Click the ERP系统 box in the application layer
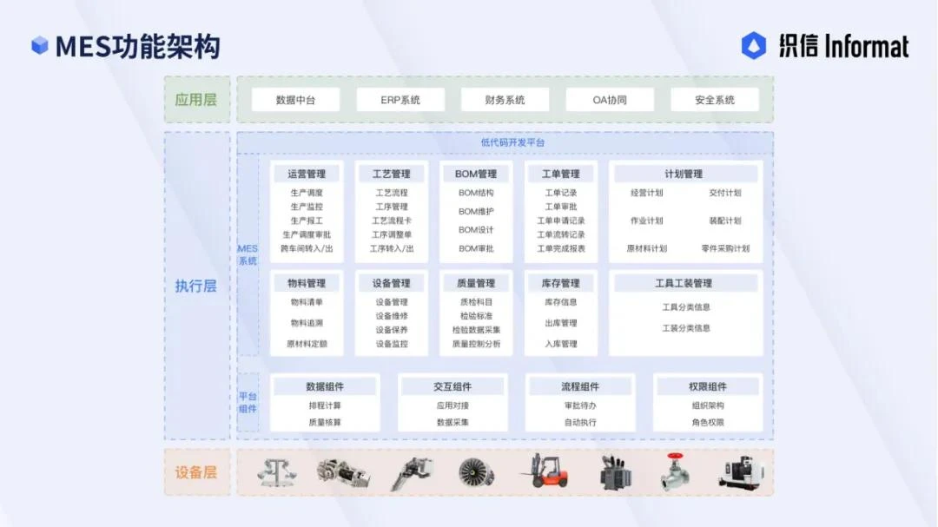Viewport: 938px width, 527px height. pos(400,100)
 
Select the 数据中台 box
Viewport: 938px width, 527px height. pos(295,100)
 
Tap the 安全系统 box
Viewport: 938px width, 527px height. pos(715,100)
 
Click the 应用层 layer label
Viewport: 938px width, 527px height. pos(196,99)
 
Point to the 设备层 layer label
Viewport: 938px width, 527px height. pos(196,472)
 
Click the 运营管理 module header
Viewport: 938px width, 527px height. pos(307,174)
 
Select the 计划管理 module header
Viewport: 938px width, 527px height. pos(684,174)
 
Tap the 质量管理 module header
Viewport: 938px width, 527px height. pos(476,283)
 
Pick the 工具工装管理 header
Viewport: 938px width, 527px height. pos(684,283)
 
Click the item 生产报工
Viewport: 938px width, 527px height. pos(307,221)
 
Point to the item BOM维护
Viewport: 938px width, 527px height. pos(476,211)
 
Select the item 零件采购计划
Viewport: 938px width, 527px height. pos(725,248)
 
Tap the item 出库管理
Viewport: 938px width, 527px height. pos(561,323)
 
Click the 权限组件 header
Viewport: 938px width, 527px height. pos(708,386)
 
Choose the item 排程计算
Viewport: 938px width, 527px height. pos(325,405)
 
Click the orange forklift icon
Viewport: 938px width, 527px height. pos(545,471)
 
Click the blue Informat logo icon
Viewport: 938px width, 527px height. pos(754,46)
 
